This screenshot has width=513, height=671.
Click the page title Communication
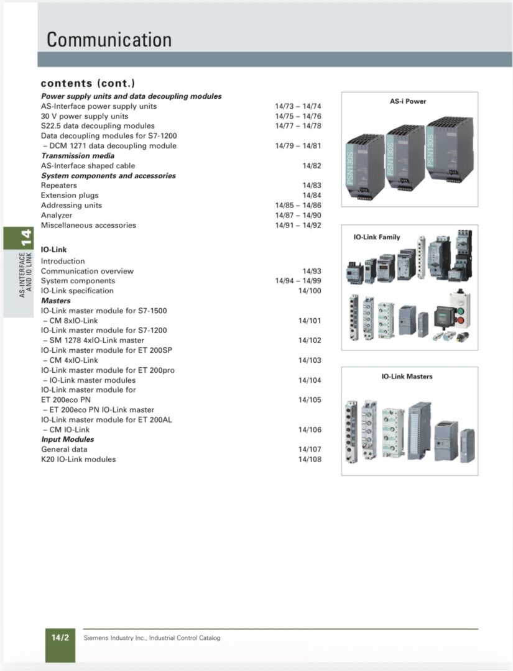(x=109, y=40)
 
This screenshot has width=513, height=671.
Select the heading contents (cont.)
(x=88, y=83)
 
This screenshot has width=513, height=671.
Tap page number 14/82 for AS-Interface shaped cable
(x=312, y=166)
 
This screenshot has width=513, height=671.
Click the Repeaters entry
(x=59, y=186)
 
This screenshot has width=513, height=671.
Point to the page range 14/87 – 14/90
(x=298, y=216)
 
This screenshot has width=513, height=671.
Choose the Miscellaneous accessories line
(x=88, y=226)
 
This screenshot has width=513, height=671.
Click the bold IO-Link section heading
(x=54, y=250)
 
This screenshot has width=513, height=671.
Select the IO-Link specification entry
(x=77, y=291)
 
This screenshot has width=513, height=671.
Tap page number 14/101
(x=310, y=321)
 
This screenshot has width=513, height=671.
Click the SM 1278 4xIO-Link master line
(x=94, y=340)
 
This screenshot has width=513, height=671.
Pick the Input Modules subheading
(x=68, y=439)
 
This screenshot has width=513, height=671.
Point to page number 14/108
(x=310, y=460)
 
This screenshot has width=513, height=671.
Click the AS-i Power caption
(x=408, y=101)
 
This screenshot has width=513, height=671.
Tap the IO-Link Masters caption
(x=407, y=377)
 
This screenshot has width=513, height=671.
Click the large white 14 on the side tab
(x=25, y=237)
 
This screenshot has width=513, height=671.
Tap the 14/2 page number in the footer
(x=60, y=638)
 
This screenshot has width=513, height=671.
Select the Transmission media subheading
(x=78, y=156)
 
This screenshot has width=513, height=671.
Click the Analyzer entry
(x=57, y=216)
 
